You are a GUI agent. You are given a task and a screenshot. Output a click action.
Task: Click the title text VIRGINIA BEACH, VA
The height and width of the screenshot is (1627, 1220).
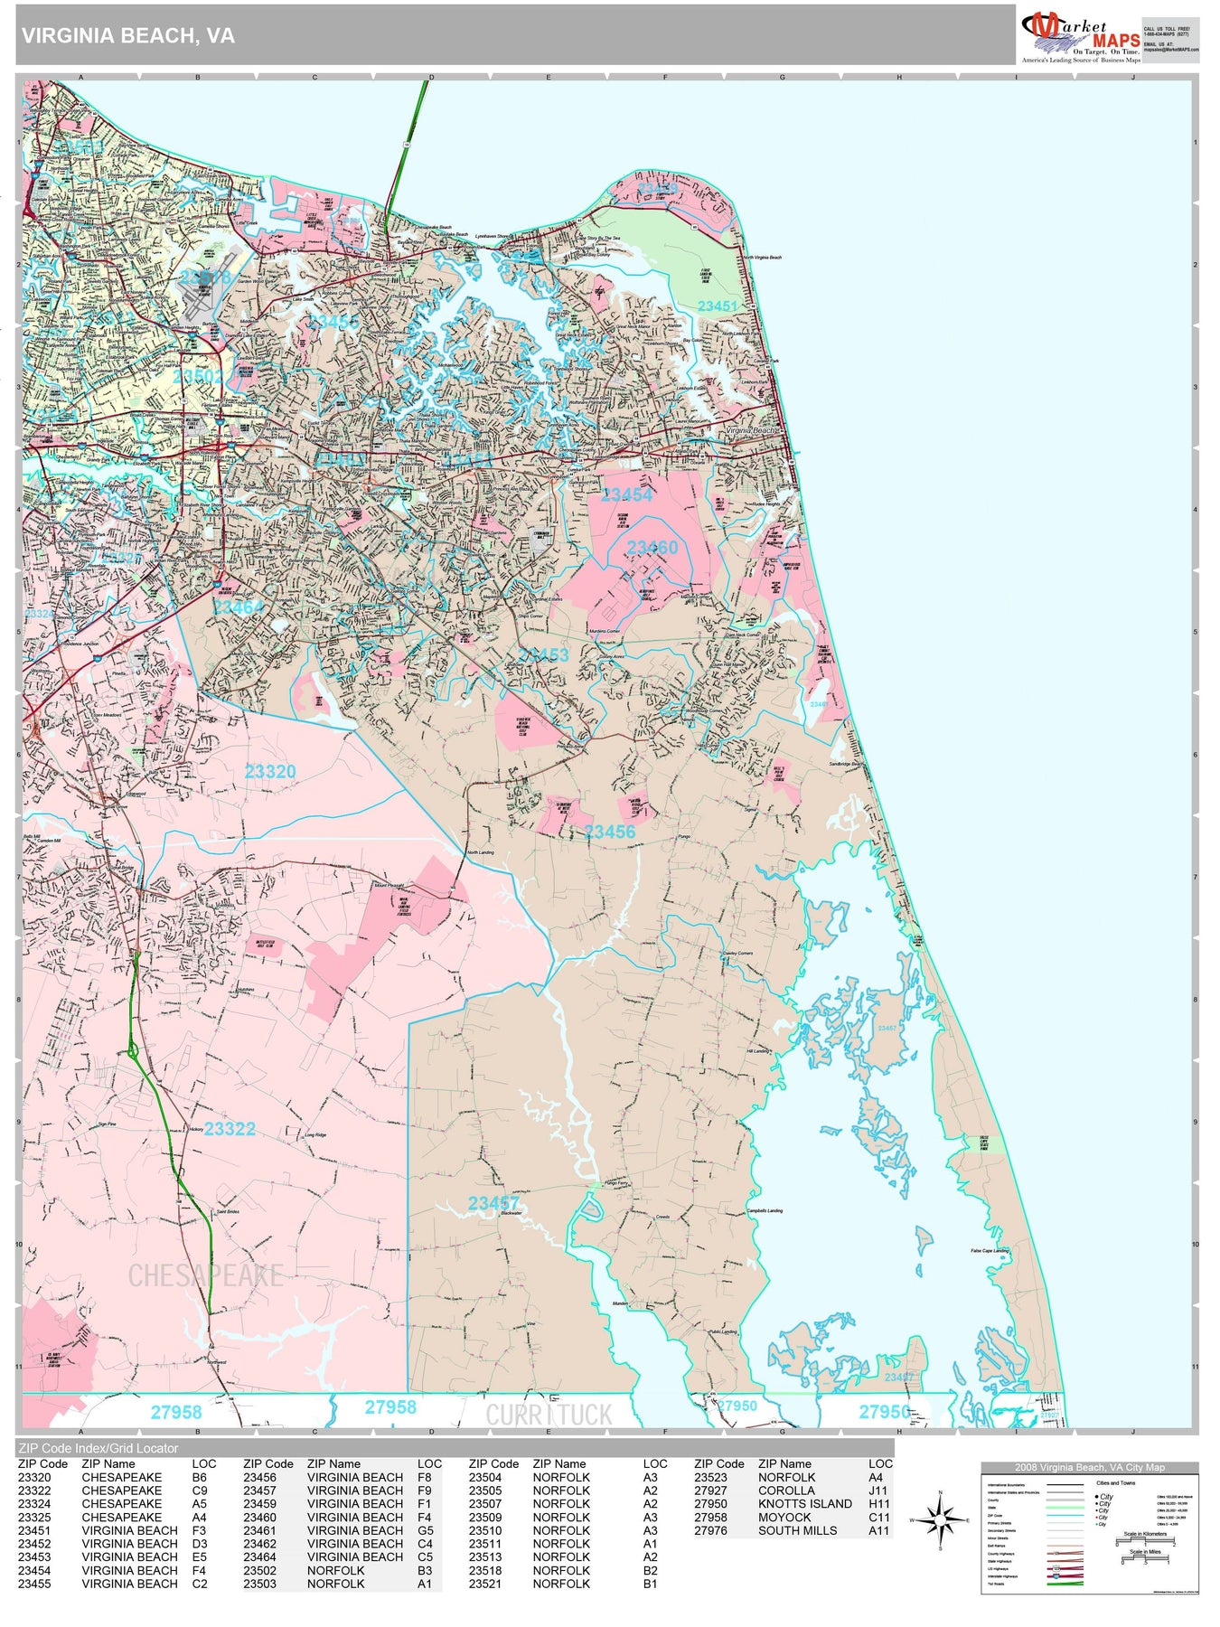[128, 36]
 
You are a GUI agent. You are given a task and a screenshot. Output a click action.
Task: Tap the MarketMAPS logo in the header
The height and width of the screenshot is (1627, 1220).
[1081, 36]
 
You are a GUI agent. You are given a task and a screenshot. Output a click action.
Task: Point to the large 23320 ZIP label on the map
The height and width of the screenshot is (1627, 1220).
[270, 771]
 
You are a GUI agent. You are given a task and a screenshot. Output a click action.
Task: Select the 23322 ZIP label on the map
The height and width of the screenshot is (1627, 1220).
[230, 1129]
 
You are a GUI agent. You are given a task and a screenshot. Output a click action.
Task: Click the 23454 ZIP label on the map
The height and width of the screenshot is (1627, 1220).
[626, 494]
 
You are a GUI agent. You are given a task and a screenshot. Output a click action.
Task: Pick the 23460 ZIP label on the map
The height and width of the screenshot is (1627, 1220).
[652, 548]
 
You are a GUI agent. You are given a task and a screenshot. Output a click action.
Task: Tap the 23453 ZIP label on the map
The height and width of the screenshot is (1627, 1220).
[544, 654]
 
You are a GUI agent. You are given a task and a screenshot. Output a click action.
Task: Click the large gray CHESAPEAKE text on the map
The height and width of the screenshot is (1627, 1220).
[206, 1275]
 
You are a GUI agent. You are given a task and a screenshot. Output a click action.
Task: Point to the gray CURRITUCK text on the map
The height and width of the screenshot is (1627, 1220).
[549, 1415]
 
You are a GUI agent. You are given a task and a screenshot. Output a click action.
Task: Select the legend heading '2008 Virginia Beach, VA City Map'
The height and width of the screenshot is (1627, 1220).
[1089, 1467]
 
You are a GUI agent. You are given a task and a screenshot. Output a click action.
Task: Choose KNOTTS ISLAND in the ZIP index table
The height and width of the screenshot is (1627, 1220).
[804, 1504]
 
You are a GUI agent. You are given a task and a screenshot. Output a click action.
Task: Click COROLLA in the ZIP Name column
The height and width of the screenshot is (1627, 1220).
[786, 1491]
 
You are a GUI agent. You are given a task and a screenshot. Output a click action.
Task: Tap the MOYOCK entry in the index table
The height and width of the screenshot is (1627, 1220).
[784, 1518]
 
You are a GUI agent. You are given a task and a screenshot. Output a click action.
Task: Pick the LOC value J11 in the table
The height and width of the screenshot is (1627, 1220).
[878, 1491]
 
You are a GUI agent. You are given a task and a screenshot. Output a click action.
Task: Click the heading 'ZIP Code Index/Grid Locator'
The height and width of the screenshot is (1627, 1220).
[99, 1448]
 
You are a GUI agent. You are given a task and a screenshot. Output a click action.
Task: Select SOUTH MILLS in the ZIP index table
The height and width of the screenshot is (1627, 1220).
[797, 1530]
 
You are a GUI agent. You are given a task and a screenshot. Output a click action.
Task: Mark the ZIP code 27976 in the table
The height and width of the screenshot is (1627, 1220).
[710, 1530]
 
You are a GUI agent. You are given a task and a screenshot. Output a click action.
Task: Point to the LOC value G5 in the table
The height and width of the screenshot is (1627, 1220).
[426, 1530]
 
